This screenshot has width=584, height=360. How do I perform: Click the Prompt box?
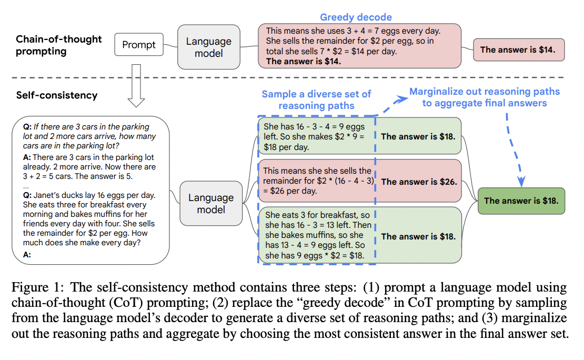[x=139, y=45]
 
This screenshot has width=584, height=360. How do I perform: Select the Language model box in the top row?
[x=208, y=47]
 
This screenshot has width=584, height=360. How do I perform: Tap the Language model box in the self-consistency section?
[x=211, y=204]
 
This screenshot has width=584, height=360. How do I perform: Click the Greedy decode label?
[x=356, y=17]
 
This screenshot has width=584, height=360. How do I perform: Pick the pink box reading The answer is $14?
[x=519, y=49]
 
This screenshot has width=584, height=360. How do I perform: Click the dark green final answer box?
[x=521, y=201]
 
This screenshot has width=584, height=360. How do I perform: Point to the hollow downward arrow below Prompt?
[x=136, y=86]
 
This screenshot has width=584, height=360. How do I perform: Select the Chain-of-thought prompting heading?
[x=58, y=45]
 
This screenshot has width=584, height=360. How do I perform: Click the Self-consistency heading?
[x=57, y=95]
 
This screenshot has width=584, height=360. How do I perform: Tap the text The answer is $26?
[x=419, y=182]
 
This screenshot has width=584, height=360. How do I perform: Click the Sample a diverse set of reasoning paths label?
[x=316, y=100]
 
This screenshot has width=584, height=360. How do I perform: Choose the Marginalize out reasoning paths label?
[x=485, y=97]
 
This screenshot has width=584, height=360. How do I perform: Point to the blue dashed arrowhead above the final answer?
[x=521, y=181]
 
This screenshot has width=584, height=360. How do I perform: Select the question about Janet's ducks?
[x=89, y=219]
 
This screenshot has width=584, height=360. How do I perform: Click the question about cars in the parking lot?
[x=89, y=136]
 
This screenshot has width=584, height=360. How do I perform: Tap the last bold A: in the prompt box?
[x=27, y=255]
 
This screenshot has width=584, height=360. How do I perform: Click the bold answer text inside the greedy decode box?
[x=304, y=62]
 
